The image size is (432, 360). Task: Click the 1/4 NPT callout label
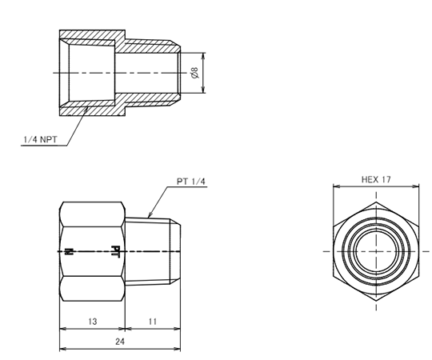tap(40, 140)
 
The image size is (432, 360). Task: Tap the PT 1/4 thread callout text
tap(191, 182)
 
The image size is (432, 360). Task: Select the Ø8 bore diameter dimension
tap(194, 73)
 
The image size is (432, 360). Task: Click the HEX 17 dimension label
tap(376, 179)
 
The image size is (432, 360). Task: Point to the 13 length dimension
tap(93, 322)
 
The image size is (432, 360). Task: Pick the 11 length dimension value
tap(153, 322)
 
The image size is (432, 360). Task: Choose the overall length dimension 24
tap(120, 342)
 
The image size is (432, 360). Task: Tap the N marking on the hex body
tap(68, 251)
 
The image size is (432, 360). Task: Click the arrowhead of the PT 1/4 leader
tap(150, 215)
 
